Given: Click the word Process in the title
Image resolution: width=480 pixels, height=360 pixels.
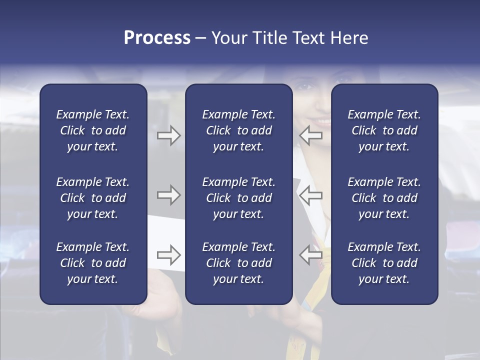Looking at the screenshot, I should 157,38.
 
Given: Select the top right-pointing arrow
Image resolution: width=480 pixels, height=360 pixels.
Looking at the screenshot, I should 168,135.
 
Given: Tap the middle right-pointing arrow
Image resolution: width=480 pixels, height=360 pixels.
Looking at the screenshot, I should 168,195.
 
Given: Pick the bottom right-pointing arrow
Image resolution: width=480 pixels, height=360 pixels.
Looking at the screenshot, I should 168,255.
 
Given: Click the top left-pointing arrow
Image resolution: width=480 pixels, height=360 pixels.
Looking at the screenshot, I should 311,135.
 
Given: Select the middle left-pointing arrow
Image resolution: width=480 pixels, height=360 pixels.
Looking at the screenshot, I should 311,195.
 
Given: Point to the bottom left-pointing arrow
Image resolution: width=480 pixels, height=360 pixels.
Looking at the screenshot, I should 311,255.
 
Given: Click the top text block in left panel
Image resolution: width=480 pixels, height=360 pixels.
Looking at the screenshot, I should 93,130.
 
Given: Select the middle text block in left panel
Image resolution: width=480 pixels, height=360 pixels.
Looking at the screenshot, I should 93,198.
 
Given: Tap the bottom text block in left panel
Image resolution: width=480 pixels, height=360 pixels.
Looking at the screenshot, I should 93,263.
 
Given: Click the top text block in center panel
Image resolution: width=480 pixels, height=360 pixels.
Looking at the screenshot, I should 238,130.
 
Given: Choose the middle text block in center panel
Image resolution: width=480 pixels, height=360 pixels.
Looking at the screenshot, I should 238,198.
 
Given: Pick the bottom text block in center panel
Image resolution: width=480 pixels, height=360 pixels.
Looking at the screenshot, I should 238,263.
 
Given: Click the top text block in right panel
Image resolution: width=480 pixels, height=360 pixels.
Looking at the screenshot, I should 384,130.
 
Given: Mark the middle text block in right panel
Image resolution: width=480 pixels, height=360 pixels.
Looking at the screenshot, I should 384,198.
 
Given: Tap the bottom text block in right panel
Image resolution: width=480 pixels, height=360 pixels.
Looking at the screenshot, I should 384,263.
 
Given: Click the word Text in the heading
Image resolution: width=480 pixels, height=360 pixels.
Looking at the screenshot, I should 308,38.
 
